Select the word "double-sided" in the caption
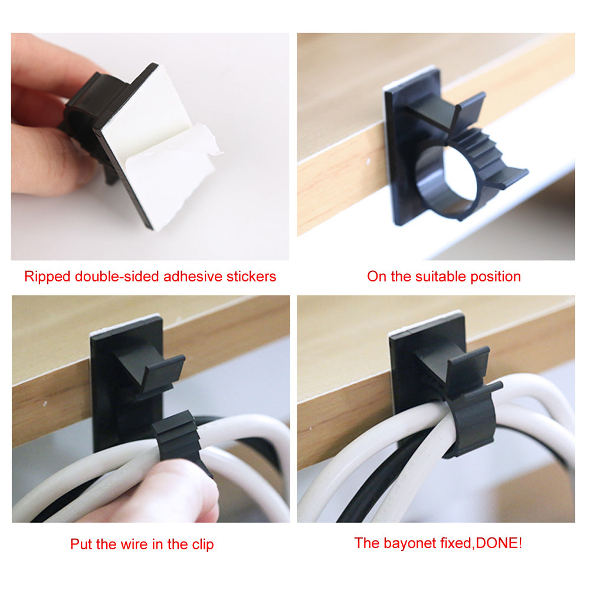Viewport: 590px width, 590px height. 112,277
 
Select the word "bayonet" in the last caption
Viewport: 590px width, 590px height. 408,543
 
